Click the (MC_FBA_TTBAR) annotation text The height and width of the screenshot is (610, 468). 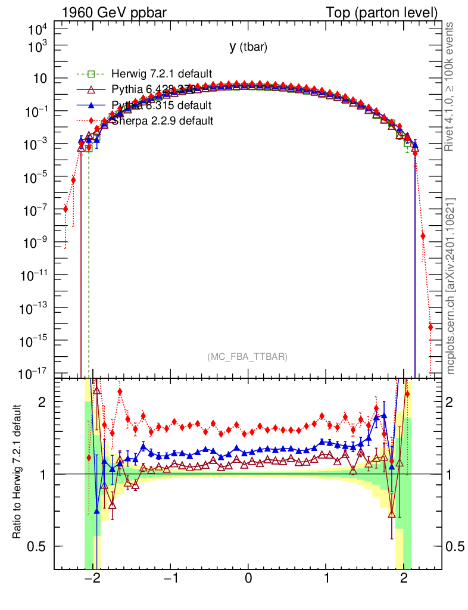pos(248,357)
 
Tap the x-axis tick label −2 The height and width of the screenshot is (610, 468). pos(91,580)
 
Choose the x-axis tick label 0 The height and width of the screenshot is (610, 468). pos(248,580)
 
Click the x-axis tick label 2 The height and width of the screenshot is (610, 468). pos(404,580)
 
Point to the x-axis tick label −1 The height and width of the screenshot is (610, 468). pos(169,580)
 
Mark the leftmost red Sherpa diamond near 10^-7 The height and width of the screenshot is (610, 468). pos(65,208)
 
